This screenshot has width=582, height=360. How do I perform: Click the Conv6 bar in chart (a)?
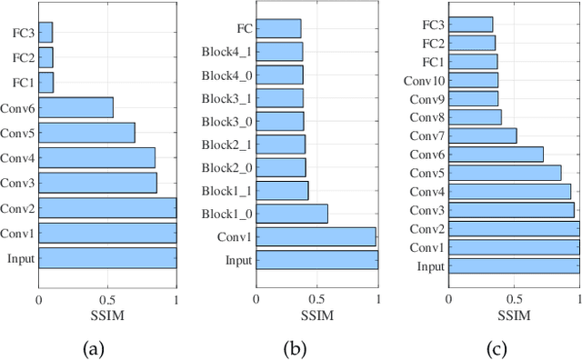[76, 107]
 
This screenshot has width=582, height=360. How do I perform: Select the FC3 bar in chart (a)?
[45, 33]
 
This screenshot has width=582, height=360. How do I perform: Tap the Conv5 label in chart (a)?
[18, 133]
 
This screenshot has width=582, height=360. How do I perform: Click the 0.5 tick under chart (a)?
[107, 298]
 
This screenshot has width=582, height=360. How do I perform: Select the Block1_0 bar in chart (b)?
[292, 214]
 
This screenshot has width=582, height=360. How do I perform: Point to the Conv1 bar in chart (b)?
[316, 237]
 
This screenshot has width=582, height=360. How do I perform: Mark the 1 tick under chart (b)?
[377, 298]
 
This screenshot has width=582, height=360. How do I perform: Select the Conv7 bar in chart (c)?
[482, 135]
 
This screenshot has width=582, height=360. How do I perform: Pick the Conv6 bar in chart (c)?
[496, 155]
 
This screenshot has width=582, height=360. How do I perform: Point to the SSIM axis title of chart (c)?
[514, 315]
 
